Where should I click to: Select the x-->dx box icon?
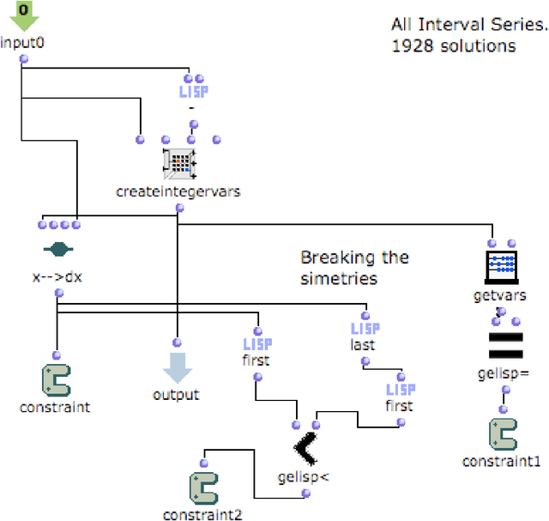[59, 250]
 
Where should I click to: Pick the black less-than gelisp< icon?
[306, 446]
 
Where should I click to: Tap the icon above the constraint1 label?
[504, 434]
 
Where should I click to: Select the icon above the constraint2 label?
[202, 488]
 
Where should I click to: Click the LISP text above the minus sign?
[193, 89]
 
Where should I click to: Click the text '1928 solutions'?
[454, 45]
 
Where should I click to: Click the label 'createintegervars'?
[178, 191]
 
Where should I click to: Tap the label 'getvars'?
[499, 296]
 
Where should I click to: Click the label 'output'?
[176, 395]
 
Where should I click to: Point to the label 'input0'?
[22, 43]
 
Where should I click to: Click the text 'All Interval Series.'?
[468, 25]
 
